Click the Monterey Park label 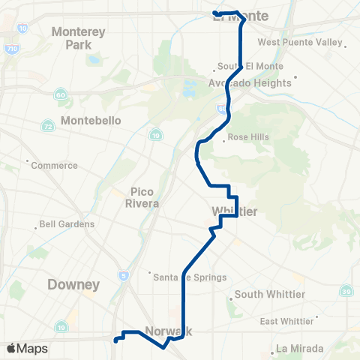point(79,38)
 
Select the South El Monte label point(239,65)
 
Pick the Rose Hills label point(248,137)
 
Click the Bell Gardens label point(67,223)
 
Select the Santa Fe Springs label point(190,277)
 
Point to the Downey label point(73,284)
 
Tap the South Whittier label point(269,295)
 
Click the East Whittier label point(286,321)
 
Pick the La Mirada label point(299,348)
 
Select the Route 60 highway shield point(59,94)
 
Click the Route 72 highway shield point(47,125)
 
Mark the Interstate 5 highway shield point(124,276)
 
